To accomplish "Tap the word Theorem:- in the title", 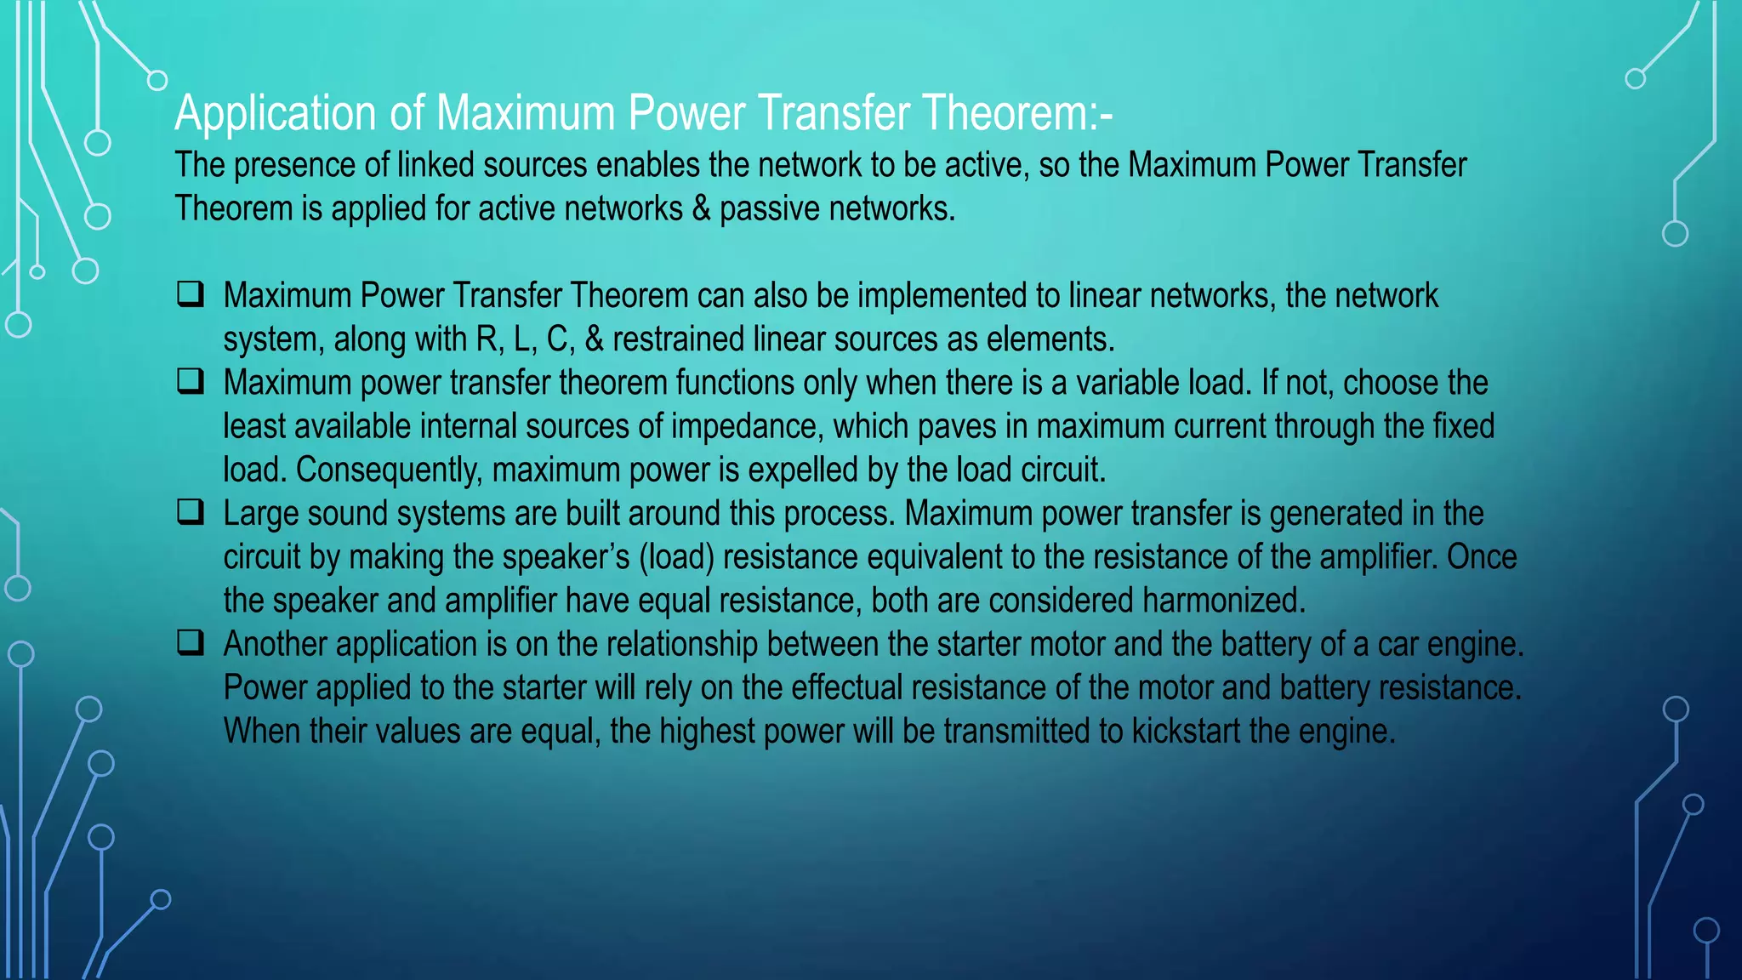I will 1017,113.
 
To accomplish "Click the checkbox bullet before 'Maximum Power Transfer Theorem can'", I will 191,294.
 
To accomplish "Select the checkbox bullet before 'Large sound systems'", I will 191,512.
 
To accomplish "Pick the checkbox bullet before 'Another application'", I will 191,642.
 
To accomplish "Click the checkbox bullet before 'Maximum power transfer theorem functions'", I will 191,381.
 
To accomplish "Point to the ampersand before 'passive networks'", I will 701,208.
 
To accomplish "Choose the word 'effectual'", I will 846,687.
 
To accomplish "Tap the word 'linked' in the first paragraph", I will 435,165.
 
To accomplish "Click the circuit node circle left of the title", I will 157,81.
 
